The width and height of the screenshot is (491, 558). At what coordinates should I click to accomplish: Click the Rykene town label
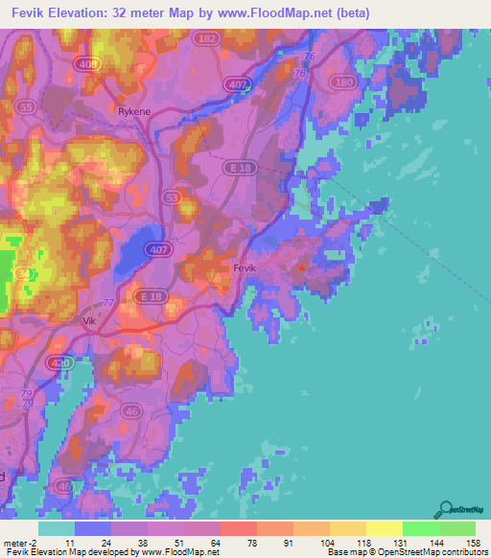point(134,111)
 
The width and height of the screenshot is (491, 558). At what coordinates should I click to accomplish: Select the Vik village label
point(91,322)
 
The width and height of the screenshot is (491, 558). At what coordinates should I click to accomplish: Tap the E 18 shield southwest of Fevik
point(152,298)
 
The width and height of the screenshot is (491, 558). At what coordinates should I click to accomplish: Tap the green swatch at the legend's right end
point(456,528)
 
